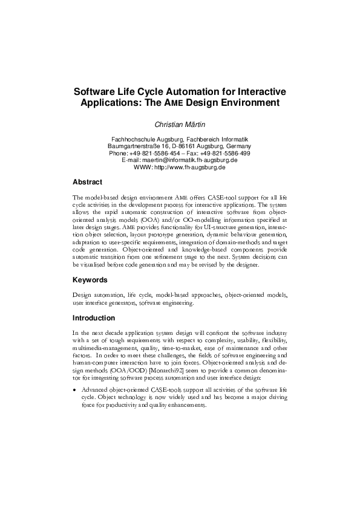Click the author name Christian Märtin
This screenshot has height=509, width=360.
(x=180, y=123)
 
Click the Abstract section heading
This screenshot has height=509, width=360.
(x=87, y=182)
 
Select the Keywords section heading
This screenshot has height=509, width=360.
(x=90, y=280)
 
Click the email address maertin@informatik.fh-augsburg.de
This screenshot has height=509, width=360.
(x=189, y=160)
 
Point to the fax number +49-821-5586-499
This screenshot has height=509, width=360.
(x=216, y=154)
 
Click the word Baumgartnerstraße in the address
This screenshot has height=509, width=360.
(x=136, y=146)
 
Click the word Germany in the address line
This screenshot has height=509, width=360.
(x=241, y=146)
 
